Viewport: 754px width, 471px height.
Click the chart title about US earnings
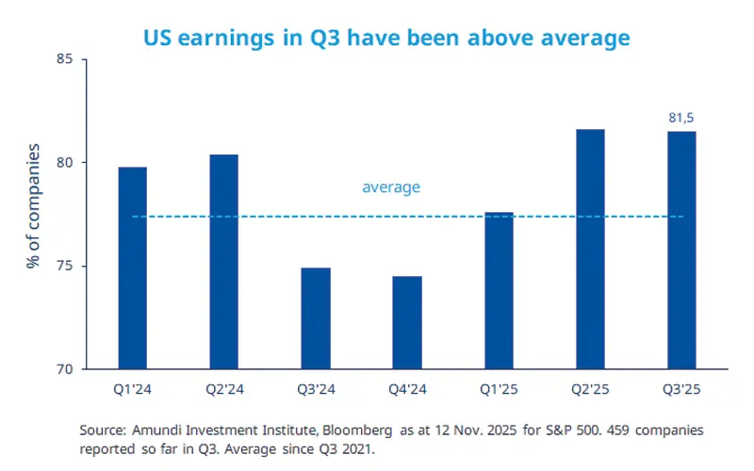[385, 39]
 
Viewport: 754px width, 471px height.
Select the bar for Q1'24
[132, 268]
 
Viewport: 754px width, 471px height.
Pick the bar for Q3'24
[316, 318]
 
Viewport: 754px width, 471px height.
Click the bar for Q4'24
[407, 323]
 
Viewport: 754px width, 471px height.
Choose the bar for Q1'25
[499, 291]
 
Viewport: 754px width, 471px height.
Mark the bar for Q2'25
[590, 250]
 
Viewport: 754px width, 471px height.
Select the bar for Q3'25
[681, 250]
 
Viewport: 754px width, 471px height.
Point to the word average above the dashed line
[391, 187]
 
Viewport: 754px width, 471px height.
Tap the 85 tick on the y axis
[67, 59]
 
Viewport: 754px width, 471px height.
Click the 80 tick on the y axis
[67, 163]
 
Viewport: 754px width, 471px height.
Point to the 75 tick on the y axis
[67, 267]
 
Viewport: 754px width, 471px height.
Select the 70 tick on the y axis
[67, 369]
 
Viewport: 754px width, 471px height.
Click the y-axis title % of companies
[34, 207]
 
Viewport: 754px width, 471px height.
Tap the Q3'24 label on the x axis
[316, 387]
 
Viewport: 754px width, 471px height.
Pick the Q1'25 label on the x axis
[499, 387]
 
